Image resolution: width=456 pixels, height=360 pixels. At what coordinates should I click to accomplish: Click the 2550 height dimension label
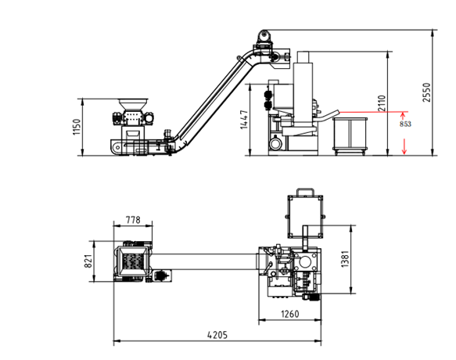pos(426,92)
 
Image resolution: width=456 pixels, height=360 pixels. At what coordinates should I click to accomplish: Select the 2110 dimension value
pos(382,103)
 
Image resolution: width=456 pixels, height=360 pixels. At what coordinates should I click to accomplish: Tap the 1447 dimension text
pos(244,120)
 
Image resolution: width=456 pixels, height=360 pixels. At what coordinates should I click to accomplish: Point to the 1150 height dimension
pos(76,127)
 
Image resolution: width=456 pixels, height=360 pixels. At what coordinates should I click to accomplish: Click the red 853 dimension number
pos(405,124)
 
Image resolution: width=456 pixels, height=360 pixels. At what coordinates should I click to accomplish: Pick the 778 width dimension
pos(133,220)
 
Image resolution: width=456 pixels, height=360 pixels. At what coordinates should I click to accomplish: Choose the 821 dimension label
pos(88,261)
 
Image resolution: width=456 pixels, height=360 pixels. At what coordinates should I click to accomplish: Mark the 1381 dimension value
pos(345,259)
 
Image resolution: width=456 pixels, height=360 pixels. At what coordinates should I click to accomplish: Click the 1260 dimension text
pos(290,314)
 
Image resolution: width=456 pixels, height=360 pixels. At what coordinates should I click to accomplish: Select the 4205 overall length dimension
pos(217,335)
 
